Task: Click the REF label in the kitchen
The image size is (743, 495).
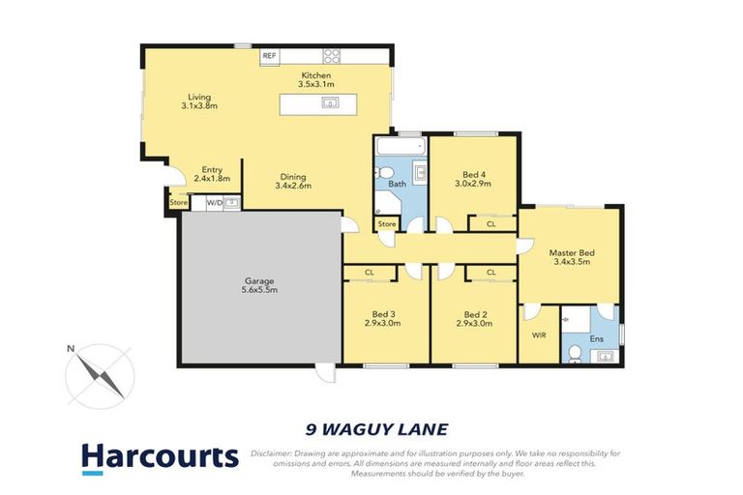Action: point(270,56)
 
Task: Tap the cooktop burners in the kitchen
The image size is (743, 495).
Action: point(332,56)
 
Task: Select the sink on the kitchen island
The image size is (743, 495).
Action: point(330,102)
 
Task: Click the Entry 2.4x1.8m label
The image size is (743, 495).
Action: point(212,174)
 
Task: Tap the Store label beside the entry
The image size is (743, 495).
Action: point(178,203)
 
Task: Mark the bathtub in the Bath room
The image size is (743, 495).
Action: point(399,149)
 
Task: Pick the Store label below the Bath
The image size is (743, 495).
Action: point(387,224)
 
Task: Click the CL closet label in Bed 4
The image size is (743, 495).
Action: point(491,224)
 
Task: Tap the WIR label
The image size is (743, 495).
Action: point(539,335)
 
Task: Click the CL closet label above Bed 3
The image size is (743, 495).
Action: point(370,273)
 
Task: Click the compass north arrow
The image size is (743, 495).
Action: point(98,369)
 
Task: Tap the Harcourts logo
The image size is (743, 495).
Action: point(160,457)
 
